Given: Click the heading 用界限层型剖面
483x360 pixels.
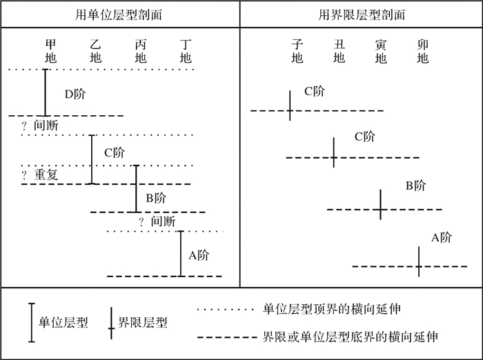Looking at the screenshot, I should pyautogui.click(x=362, y=14).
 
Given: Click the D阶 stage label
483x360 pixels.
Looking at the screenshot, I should pyautogui.click(x=75, y=94).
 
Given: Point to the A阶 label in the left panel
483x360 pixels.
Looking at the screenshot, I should pyautogui.click(x=199, y=255).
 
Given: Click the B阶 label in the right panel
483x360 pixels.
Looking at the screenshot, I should pyautogui.click(x=415, y=186).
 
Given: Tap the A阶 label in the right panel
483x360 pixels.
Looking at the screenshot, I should pyautogui.click(x=442, y=238).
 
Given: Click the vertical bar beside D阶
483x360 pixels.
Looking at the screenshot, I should pyautogui.click(x=46, y=92).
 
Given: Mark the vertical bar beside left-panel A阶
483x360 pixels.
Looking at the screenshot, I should pyautogui.click(x=181, y=253).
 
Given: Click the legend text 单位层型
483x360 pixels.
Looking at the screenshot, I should pyautogui.click(x=63, y=322).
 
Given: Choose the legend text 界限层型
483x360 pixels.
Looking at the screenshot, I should pyautogui.click(x=143, y=322).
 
